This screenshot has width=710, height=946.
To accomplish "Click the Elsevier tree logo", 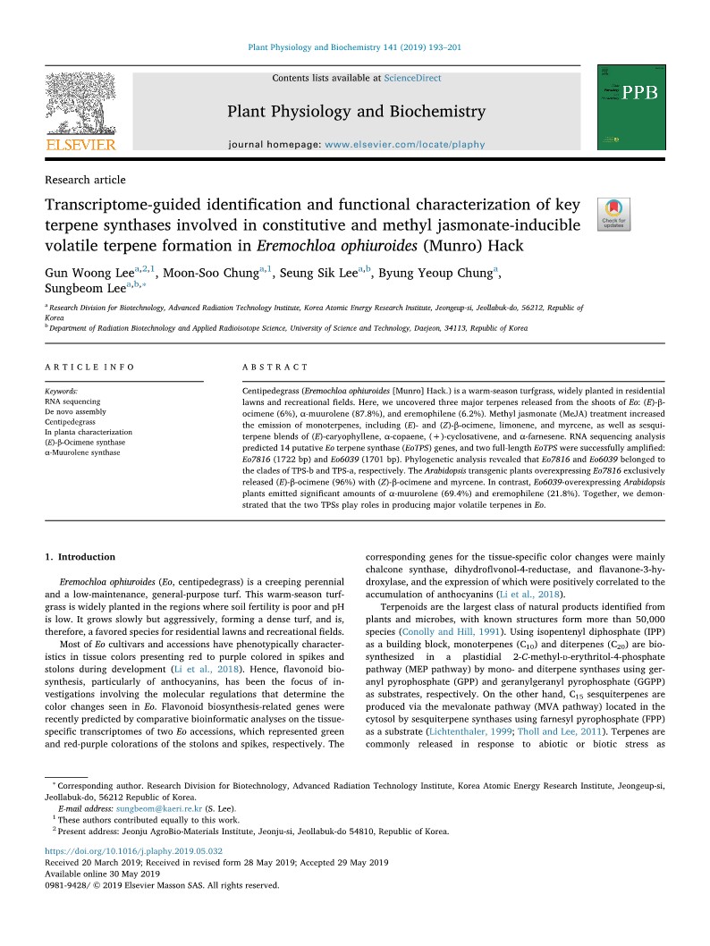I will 80,102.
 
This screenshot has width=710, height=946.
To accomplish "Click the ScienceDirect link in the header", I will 412,79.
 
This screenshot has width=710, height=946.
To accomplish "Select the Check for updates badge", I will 613,215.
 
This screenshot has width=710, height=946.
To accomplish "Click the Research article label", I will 85,180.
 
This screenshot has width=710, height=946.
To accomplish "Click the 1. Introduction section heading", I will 80,557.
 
